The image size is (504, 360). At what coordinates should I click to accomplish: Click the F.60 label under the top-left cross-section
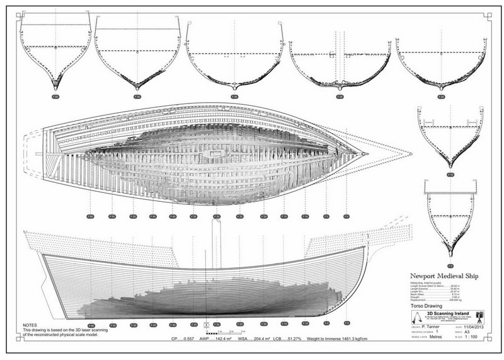[x=55, y=98]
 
